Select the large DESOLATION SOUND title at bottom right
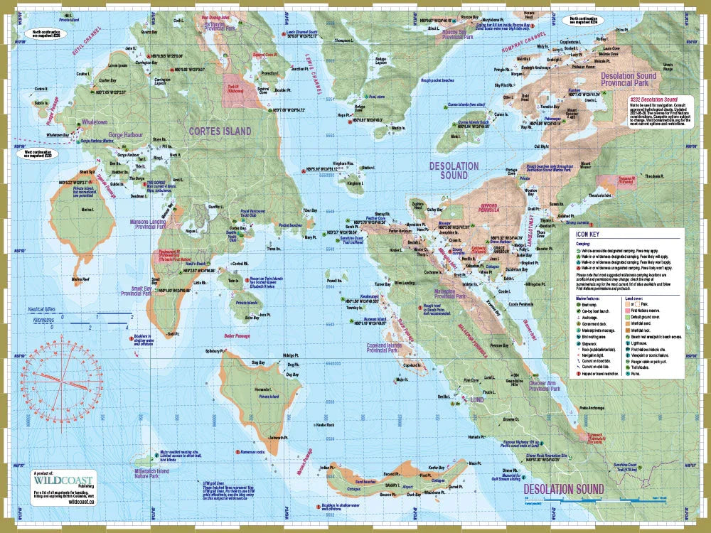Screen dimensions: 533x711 click(x=564, y=489)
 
